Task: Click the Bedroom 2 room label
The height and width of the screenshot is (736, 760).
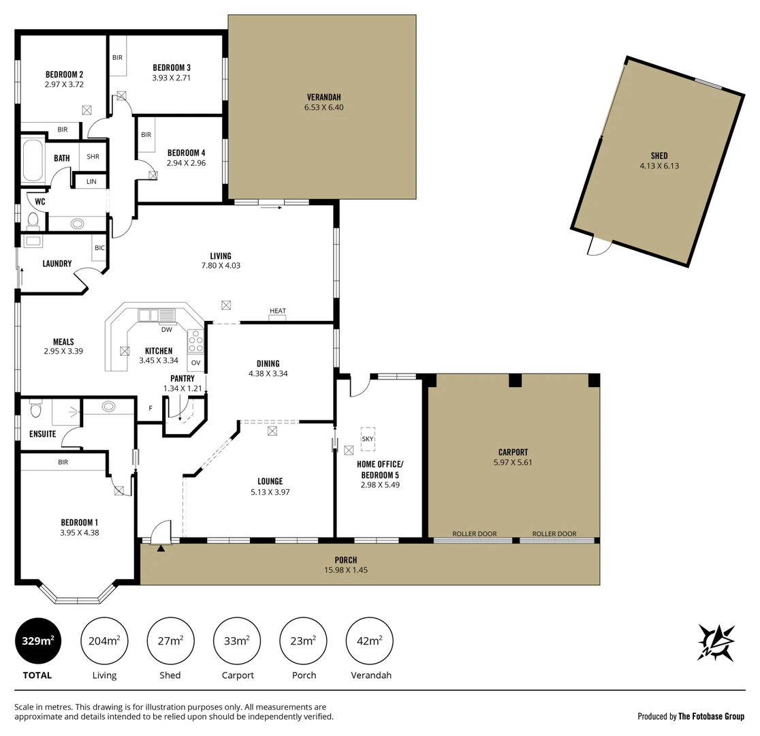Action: [x=64, y=74]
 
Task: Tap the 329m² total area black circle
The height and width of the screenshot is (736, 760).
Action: [x=38, y=641]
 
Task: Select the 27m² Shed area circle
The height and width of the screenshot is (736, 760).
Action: [x=170, y=641]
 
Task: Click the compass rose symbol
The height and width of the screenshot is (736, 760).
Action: [x=716, y=642]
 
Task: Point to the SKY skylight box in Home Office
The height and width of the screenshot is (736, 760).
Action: [x=368, y=439]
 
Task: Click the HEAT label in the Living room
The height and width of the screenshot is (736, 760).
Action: [x=278, y=311]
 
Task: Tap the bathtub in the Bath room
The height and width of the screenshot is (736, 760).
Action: [x=32, y=160]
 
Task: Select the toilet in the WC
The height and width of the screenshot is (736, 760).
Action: [x=32, y=219]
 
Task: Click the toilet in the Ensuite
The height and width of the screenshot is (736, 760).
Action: [x=36, y=410]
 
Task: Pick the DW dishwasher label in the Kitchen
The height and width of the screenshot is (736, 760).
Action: [x=166, y=330]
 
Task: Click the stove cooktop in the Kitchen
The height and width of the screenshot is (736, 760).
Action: [x=195, y=339]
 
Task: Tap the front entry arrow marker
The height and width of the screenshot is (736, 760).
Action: [x=161, y=547]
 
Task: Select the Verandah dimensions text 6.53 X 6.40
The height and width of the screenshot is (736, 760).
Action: [x=323, y=107]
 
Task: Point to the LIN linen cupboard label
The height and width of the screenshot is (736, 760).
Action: [x=91, y=182]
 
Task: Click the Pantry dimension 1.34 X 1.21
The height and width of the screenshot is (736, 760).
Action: [x=183, y=388]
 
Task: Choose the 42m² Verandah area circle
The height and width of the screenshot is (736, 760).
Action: [x=370, y=641]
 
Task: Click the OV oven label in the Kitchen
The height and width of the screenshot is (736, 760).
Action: [x=195, y=363]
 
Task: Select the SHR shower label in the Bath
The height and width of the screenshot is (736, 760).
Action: [x=93, y=156]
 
